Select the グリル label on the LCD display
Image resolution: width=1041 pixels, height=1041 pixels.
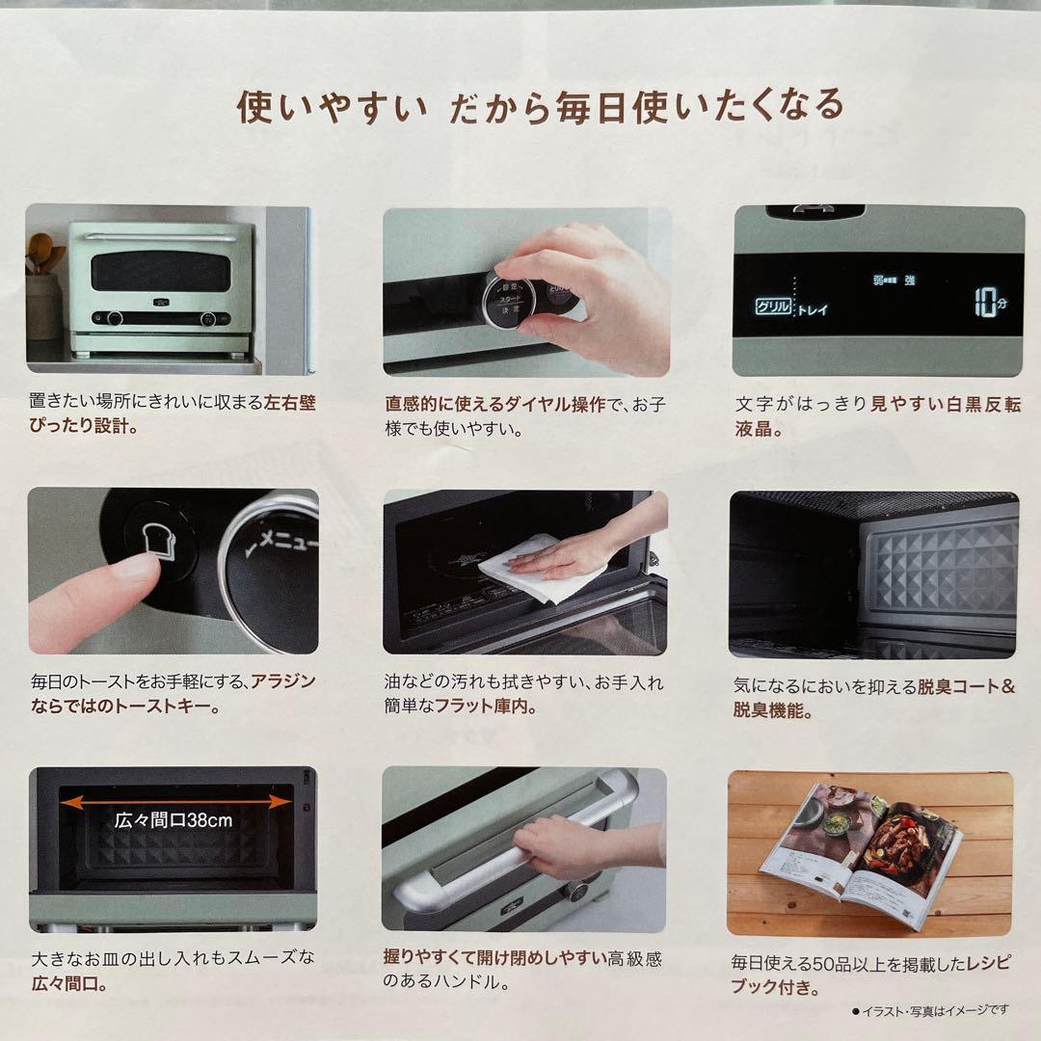(773, 308)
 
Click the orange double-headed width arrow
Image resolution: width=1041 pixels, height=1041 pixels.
(174, 802)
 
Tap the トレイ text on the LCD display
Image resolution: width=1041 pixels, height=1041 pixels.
(812, 310)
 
